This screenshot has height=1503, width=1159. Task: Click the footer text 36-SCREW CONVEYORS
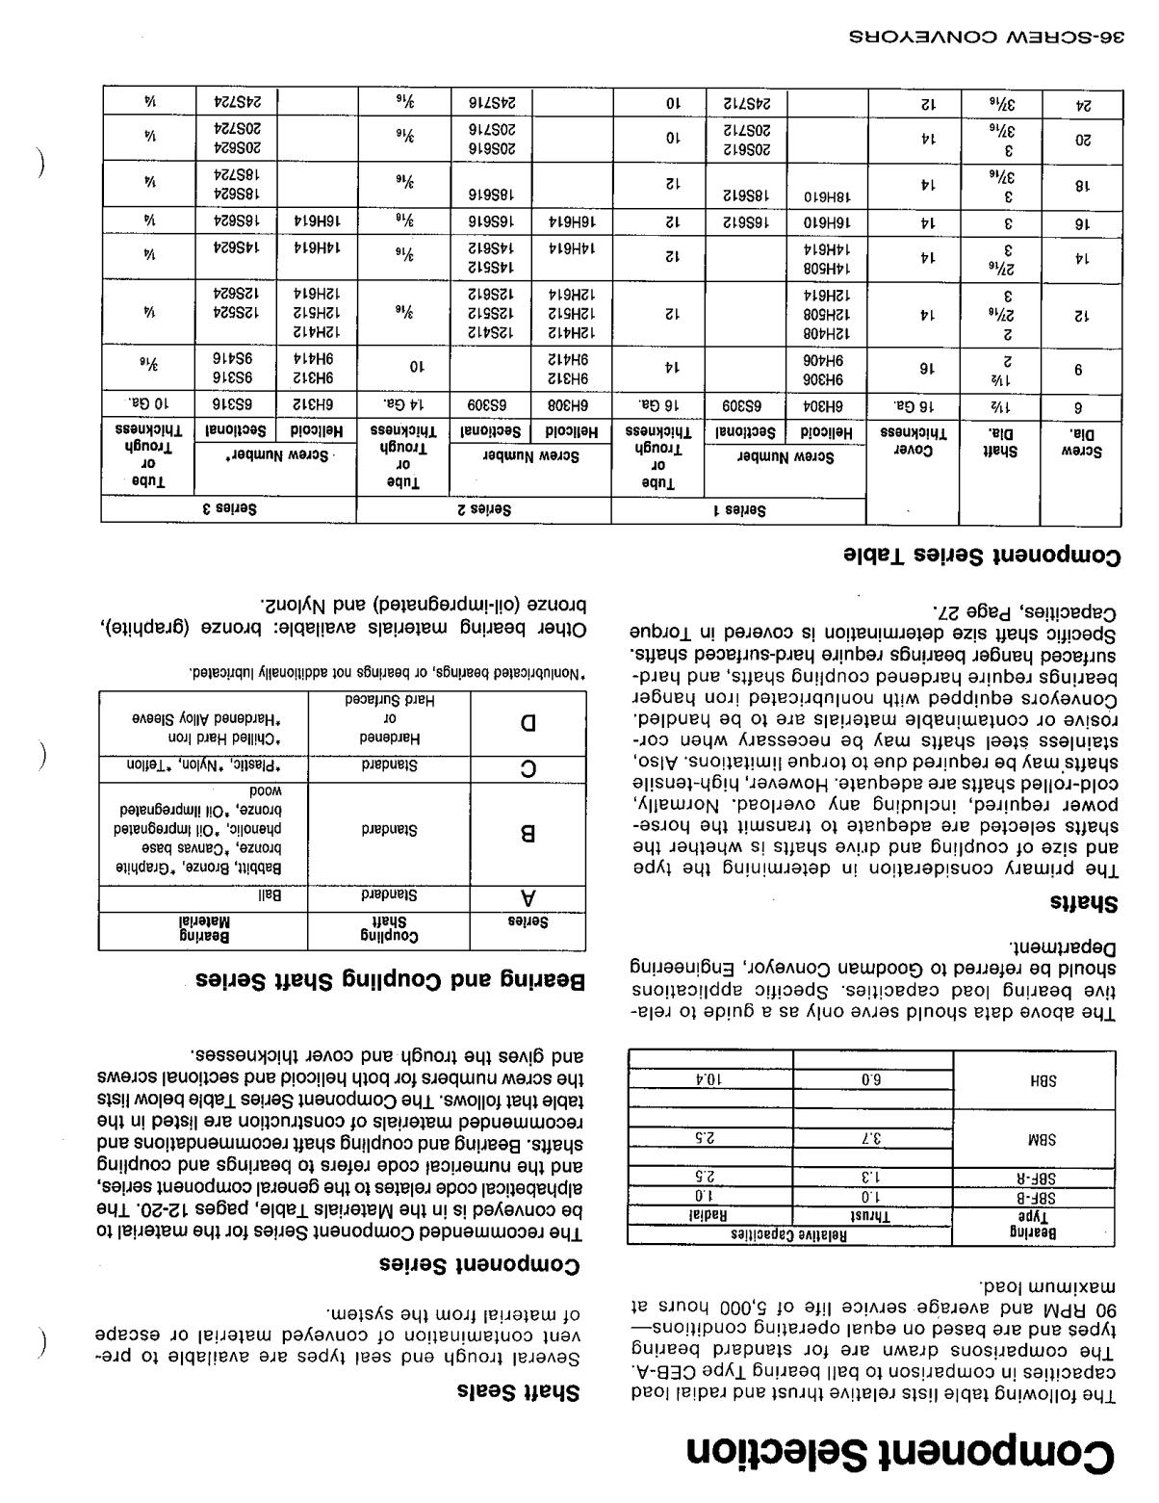click(988, 39)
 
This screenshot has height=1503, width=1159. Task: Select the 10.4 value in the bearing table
click(711, 1079)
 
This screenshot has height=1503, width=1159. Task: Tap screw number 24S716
click(498, 101)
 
